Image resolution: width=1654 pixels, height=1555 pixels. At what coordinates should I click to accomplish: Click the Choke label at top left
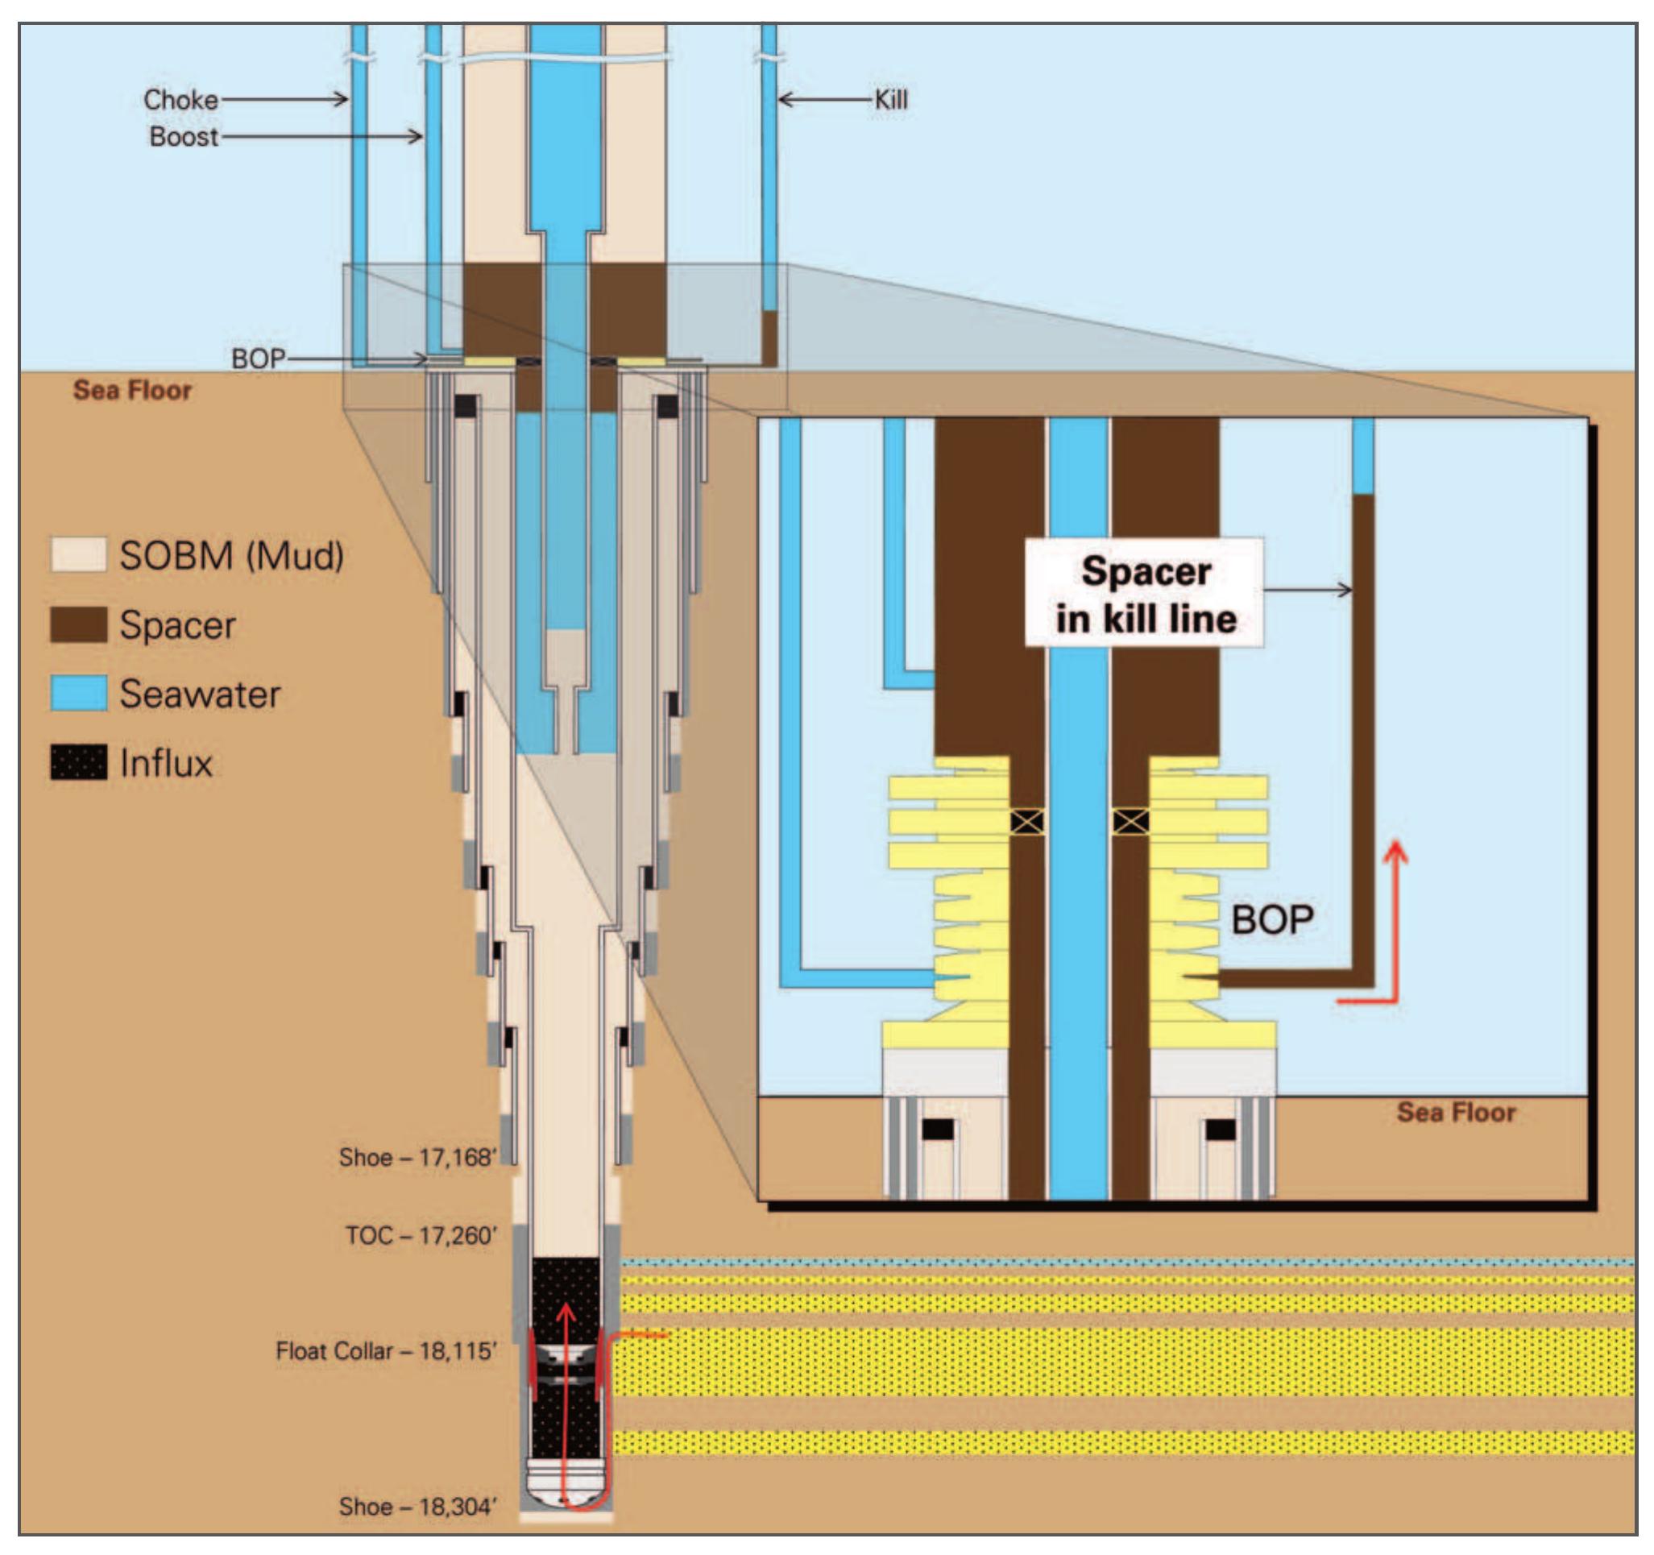tap(180, 100)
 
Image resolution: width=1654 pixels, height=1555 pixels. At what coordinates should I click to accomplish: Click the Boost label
tap(184, 136)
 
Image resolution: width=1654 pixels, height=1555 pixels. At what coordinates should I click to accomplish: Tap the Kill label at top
tap(891, 100)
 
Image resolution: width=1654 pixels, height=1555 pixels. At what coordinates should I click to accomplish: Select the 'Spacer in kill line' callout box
tap(1145, 593)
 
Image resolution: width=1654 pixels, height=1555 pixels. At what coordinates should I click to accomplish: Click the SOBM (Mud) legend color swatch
tap(78, 554)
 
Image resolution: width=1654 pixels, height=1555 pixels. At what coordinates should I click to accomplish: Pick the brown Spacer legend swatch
tap(78, 624)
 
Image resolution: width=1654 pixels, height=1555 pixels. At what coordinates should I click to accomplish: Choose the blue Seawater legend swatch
tap(78, 693)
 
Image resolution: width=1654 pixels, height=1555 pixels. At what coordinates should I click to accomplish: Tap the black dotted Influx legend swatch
tap(78, 762)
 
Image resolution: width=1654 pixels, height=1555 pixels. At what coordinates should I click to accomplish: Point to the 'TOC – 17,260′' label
tap(421, 1234)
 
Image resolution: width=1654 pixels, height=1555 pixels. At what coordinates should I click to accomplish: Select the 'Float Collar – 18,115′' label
tap(387, 1350)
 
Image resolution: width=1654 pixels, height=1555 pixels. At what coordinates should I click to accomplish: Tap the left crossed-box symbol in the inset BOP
tap(1026, 822)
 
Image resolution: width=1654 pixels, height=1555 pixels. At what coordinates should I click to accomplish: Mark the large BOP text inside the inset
tap(1271, 919)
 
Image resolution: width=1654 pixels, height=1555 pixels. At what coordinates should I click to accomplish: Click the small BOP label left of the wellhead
tap(258, 359)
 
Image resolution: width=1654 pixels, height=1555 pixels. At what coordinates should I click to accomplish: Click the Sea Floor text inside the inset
tap(1455, 1112)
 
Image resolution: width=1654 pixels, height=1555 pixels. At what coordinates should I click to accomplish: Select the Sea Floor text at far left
tap(132, 390)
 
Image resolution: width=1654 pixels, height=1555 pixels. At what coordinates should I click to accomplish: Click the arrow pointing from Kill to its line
tap(823, 100)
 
